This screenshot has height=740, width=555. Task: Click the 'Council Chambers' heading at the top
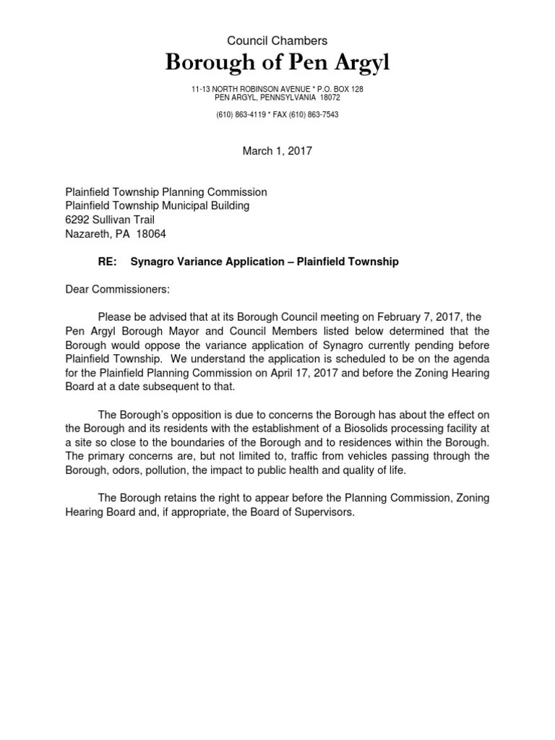pyautogui.click(x=277, y=42)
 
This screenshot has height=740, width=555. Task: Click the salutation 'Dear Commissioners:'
pyautogui.click(x=118, y=289)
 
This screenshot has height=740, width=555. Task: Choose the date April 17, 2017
pyautogui.click(x=358, y=373)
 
